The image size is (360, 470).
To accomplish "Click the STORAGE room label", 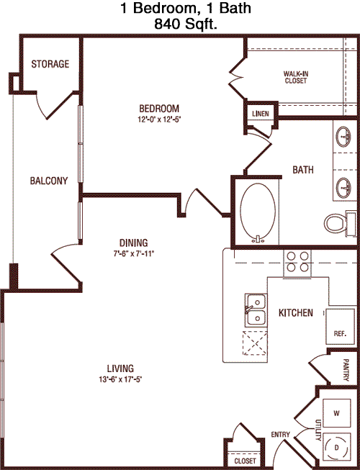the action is (50, 64).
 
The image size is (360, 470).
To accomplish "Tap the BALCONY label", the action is (49, 181).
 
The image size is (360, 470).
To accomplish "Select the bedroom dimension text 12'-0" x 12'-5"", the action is (159, 119).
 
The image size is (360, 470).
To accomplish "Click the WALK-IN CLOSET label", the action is (296, 77).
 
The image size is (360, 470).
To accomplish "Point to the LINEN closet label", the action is (261, 114).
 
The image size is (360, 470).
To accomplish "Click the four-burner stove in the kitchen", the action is (297, 262).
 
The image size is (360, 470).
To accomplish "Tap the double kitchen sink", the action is (256, 310).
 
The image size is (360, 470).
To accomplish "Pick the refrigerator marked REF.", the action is (341, 326).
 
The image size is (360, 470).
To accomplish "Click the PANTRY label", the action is (346, 370).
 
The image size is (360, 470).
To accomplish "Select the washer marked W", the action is (337, 413).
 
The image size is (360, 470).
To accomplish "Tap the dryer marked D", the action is (337, 448).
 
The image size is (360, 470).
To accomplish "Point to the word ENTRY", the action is (281, 434).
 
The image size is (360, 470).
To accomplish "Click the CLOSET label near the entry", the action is (246, 461).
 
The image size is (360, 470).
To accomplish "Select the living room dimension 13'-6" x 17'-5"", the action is (120, 379).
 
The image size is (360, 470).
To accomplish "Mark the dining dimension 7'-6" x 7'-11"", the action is (134, 253).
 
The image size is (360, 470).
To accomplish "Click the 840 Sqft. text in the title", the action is (186, 24).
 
